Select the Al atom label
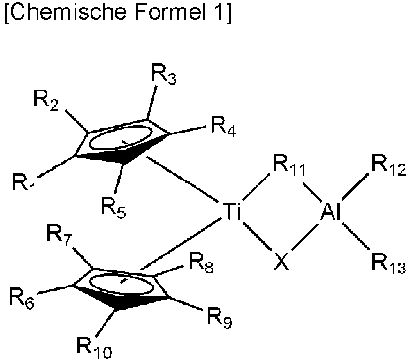pos(331,213)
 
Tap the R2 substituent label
pos(46,100)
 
